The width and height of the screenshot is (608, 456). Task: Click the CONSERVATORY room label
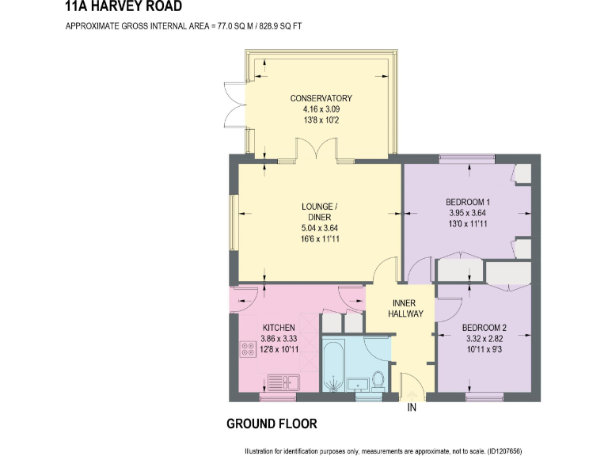[x=321, y=98]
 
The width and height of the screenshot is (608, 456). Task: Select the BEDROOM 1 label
[x=467, y=202]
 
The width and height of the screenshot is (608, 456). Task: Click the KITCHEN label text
[x=279, y=328]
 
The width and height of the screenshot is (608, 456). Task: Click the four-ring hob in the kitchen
[x=245, y=348]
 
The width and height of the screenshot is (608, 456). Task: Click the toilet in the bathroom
[x=378, y=380]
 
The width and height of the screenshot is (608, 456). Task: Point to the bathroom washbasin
[x=359, y=384]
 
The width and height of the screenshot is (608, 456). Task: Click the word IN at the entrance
[x=412, y=408]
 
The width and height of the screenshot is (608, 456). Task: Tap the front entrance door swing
[x=412, y=387]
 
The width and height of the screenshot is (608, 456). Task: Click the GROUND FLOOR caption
[x=272, y=424]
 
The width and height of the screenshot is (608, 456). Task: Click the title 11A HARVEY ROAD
[x=123, y=7]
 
